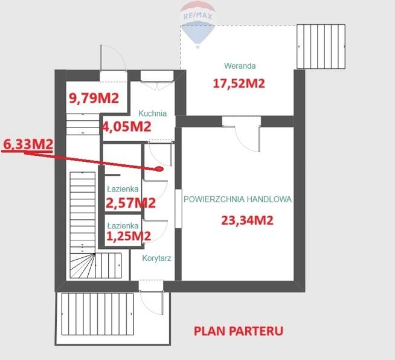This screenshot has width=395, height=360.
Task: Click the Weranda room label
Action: coord(240,66)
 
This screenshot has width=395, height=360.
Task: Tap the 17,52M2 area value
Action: coord(239,83)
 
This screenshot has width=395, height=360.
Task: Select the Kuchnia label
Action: coord(152,113)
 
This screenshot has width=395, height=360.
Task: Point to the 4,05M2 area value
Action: coord(126,126)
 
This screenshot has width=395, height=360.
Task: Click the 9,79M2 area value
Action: coord(93,98)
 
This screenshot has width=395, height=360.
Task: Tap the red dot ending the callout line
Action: coord(159,170)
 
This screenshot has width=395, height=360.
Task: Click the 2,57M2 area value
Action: coord(131,202)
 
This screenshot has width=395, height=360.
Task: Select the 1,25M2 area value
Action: coord(128,236)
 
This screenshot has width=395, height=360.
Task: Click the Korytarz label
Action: coord(157,258)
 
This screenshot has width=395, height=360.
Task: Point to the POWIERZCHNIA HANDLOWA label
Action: coord(237,199)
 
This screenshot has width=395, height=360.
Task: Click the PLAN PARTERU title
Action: coord(238,330)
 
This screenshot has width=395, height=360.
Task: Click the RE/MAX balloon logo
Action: coord(197,23)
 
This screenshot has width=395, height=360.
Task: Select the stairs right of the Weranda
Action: coord(320,47)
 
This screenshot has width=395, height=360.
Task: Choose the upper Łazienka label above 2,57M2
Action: coord(123,189)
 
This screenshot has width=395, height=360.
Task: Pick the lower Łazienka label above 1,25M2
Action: coord(123,225)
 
